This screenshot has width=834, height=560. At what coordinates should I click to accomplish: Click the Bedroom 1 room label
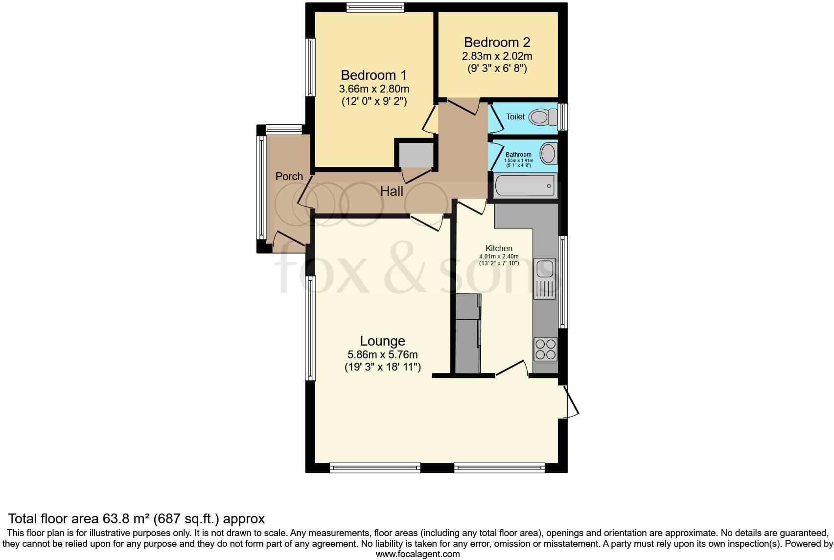click(x=373, y=75)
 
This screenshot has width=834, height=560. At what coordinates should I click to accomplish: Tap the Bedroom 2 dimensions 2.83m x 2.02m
click(x=497, y=56)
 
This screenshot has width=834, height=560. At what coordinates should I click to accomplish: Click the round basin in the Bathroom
click(x=548, y=154)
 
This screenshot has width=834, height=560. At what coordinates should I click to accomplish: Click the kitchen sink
click(x=545, y=270)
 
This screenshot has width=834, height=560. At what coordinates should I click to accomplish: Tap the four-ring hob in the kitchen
click(x=545, y=349)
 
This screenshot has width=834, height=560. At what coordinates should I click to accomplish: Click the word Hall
click(x=392, y=191)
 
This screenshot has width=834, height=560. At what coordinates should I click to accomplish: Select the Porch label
click(x=289, y=176)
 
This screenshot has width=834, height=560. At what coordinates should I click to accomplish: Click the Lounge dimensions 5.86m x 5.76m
click(x=382, y=354)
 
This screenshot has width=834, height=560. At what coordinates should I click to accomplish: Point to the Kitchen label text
click(x=499, y=248)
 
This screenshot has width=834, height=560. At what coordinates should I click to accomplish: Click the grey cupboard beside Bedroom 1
click(x=416, y=155)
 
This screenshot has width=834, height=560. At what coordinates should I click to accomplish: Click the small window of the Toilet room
click(x=563, y=117)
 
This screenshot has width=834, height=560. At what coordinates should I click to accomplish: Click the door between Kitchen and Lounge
click(x=512, y=368)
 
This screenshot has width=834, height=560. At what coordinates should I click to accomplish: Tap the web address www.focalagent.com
click(x=417, y=554)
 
